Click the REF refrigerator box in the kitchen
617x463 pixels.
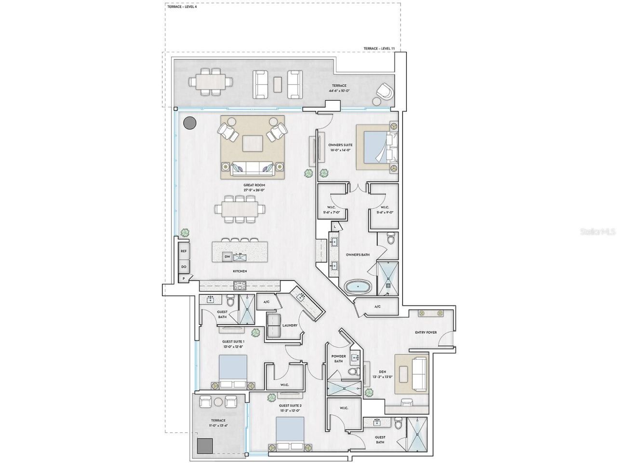click(184, 251)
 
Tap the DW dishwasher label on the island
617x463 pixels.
click(227, 257)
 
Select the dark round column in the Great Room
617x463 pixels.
click(189, 123)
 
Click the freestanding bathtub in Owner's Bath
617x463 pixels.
click(358, 287)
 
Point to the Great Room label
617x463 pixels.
click(254, 188)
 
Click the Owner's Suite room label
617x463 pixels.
click(340, 148)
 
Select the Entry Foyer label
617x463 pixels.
click(426, 333)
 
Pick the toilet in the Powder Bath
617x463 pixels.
click(352, 372)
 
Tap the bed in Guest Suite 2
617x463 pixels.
click(290, 433)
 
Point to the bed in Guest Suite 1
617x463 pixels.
click(233, 371)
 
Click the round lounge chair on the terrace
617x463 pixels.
click(385, 92)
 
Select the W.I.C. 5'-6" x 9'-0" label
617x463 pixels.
click(384, 210)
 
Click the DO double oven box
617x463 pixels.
click(184, 266)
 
